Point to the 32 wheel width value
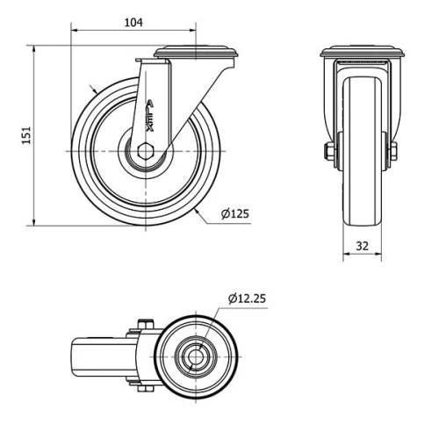[x=362, y=247]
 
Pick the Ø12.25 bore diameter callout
[x=247, y=299]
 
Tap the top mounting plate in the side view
[x=195, y=53]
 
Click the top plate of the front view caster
[x=363, y=52]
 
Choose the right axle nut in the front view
[x=392, y=151]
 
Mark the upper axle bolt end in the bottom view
[x=146, y=326]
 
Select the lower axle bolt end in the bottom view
[x=146, y=387]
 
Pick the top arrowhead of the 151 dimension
[x=34, y=46]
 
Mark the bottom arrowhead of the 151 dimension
[x=34, y=223]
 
